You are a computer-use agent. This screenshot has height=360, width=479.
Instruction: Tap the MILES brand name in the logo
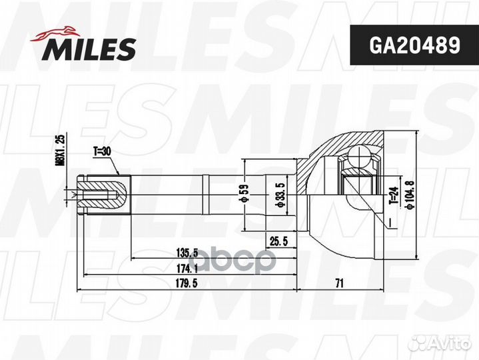pyautogui.click(x=91, y=49)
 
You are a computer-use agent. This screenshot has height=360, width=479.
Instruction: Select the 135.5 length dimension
pyautogui.click(x=189, y=253)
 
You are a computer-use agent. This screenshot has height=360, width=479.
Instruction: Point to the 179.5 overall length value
pyautogui.click(x=189, y=284)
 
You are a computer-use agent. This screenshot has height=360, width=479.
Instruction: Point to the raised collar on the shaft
pyautogui.click(x=206, y=195)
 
